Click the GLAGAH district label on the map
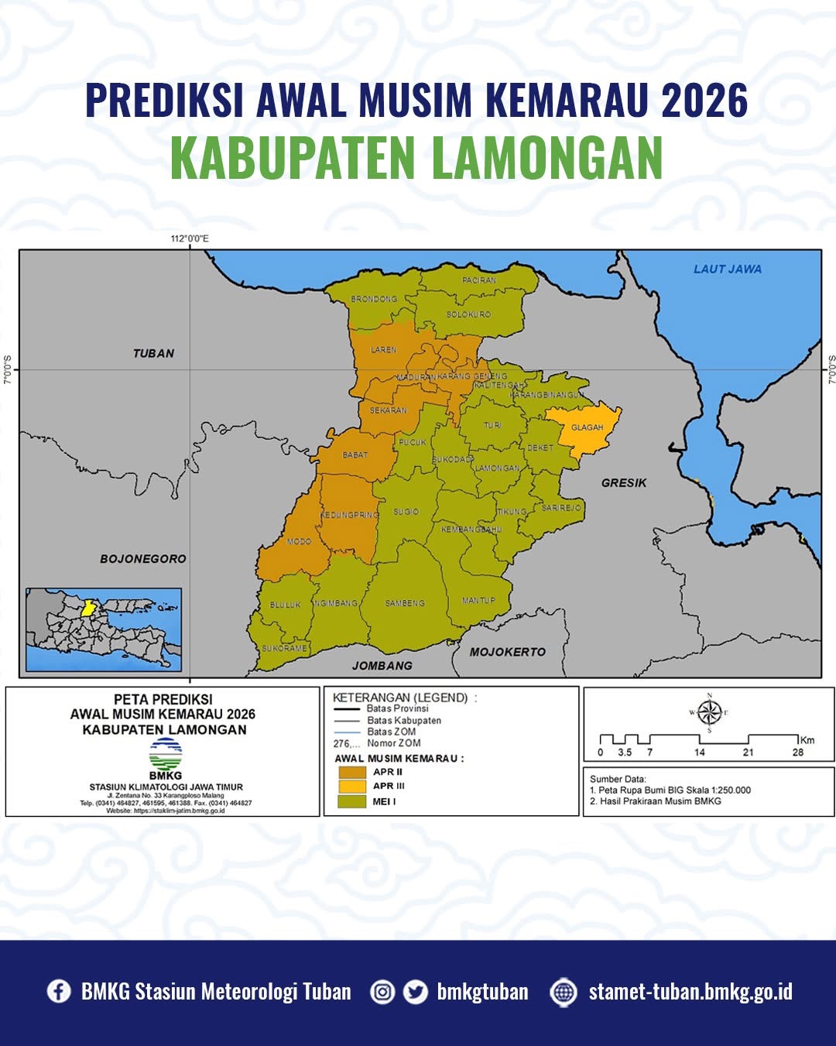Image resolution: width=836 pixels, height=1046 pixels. pos(587,427)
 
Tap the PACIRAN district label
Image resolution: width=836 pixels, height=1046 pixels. pos(479,280)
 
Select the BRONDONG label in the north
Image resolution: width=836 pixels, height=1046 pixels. pos(374,299)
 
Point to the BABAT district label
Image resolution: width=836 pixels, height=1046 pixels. pos(355,455)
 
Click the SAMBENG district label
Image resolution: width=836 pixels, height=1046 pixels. pos(405,603)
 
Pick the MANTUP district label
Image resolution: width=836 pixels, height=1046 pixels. pos(478,601)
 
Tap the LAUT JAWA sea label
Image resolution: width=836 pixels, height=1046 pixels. pos(727,269)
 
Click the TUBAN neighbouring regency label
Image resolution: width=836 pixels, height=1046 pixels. pos(153,353)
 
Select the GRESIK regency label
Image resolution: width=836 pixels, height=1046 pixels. pos(624,483)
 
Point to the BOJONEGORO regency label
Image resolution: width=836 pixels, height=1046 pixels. pos(143,558)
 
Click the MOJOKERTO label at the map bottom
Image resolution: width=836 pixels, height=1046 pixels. pos(508,652)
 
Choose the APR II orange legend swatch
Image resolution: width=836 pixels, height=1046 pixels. pos(352,772)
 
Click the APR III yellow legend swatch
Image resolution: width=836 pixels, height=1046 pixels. pos(352,787)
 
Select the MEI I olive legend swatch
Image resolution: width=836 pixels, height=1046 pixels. pos(352,802)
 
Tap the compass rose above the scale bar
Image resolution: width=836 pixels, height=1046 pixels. pos(709,712)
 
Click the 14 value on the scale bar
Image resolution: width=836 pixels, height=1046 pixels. pos(700,752)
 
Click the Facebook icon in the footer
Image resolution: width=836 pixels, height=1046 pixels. pos(59,991)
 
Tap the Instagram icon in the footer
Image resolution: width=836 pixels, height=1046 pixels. pos(382,992)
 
